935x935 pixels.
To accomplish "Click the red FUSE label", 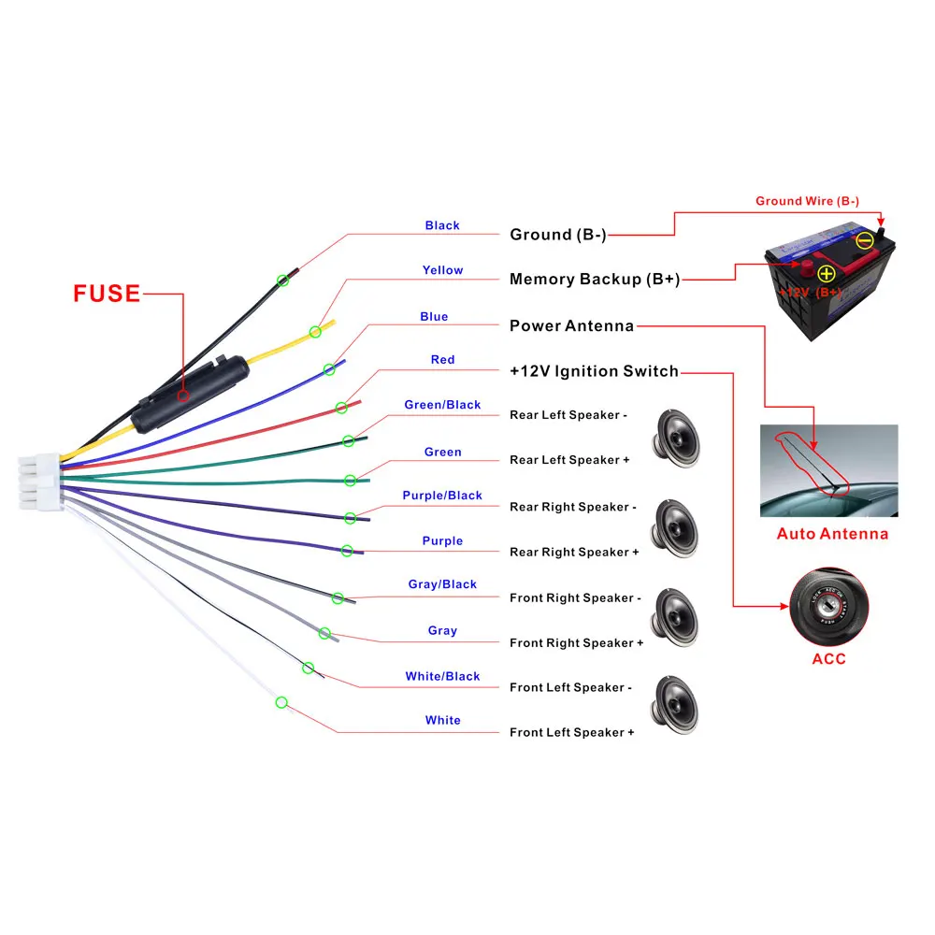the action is coord(107,294).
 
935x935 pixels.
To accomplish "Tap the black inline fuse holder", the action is coord(190,395).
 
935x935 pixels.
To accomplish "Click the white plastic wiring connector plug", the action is coord(40,482).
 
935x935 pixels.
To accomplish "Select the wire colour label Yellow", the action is coord(442,270).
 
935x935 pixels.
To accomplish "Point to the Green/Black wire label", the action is coord(442,405).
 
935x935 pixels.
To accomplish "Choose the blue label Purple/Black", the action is coord(442,496).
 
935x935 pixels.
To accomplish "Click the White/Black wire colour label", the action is coord(442,676).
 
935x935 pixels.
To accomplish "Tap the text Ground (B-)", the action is coord(558,235).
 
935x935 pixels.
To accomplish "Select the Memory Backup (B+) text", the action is coord(595,279).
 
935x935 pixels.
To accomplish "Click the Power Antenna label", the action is coord(571,325).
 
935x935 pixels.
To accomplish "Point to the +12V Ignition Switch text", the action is coord(594,371).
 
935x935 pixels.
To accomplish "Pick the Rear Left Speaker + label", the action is coord(569,460).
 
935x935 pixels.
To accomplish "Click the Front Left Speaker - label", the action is coord(570,687).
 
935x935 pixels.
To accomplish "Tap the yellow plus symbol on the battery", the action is coord(826,274).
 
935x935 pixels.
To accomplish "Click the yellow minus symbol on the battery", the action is coord(865,241).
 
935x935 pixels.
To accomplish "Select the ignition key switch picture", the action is coord(828,607).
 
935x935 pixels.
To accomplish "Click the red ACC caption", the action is coord(828,659).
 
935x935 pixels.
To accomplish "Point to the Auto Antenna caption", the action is coord(832,534).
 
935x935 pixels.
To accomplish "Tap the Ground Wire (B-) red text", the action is coord(808,201).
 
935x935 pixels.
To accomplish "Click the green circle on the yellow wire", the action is coord(315,332).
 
